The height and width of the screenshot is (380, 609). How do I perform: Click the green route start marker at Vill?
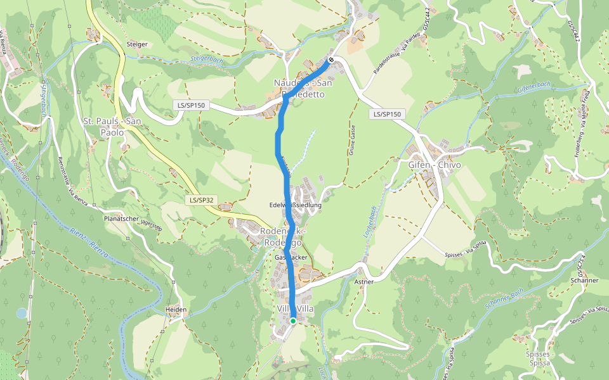(293, 321)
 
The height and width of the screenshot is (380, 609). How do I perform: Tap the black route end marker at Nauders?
(331, 60)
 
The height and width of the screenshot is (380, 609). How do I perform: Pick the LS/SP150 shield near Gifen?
(387, 114)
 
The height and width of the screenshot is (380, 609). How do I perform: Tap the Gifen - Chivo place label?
(435, 165)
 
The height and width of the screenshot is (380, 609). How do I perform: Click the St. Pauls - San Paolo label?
(112, 127)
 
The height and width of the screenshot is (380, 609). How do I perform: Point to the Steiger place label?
(137, 44)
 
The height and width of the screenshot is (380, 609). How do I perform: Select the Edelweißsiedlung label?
(296, 205)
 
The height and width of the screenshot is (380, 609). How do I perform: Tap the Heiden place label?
(176, 310)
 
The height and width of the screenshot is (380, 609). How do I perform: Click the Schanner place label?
(584, 280)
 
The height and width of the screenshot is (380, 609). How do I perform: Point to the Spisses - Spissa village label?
(539, 359)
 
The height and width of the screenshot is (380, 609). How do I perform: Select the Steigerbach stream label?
(207, 61)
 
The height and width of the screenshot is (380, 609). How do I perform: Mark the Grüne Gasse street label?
(352, 140)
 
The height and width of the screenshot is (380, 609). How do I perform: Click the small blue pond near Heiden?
(22, 313)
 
